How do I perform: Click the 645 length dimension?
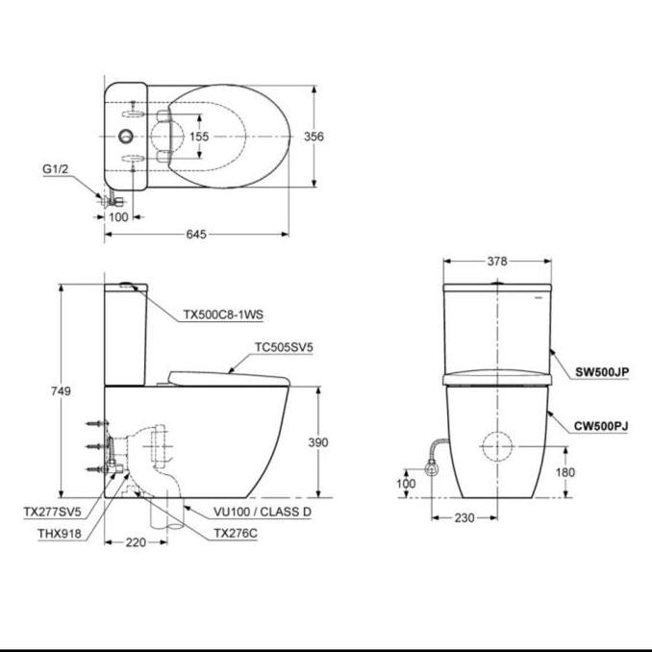[197, 234]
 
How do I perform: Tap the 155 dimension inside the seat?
[198, 138]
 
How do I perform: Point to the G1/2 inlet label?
[56, 169]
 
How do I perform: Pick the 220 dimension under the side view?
[136, 543]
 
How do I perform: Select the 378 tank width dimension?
[496, 261]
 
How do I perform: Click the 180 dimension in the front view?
[566, 472]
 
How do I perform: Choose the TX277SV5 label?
[53, 513]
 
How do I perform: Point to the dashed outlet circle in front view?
[496, 448]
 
